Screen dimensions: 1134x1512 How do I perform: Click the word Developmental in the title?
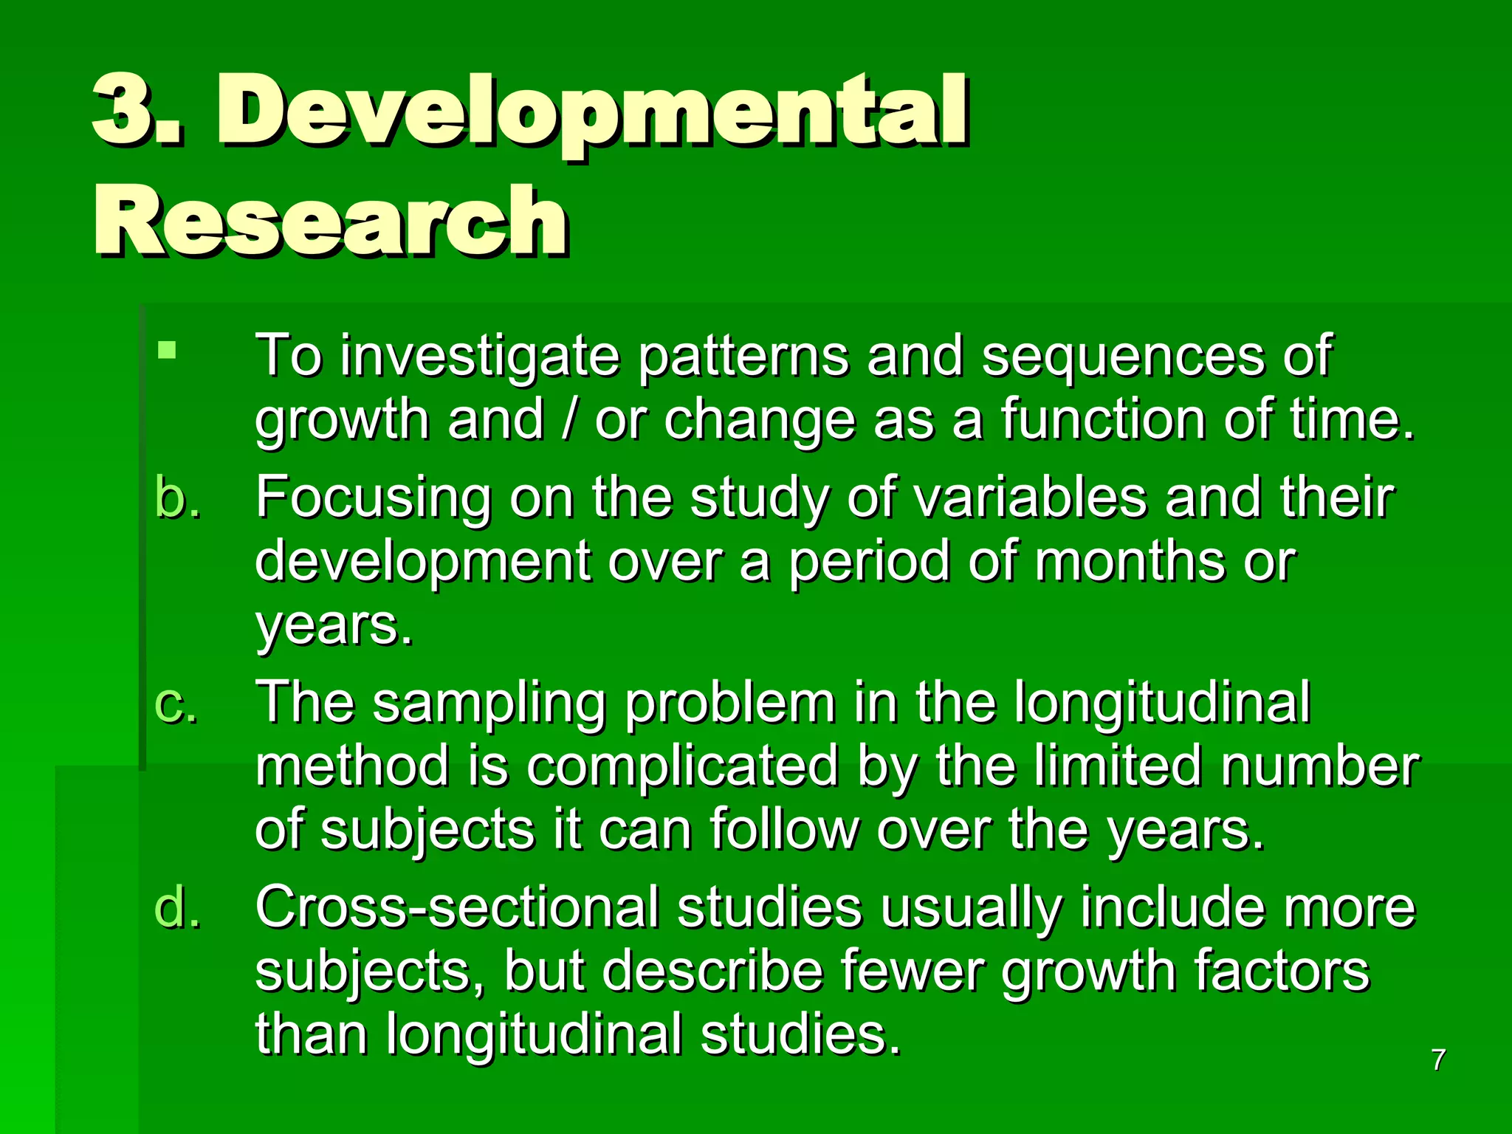[591, 111]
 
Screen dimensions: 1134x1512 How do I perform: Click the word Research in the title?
[330, 221]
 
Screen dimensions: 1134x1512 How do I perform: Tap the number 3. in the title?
[137, 111]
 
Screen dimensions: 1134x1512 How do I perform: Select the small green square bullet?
[167, 349]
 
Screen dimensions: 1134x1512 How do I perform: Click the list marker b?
[177, 497]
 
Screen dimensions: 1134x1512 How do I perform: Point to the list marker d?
[177, 907]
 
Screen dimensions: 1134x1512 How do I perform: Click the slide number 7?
[1437, 1060]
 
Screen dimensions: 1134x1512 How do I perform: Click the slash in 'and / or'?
[568, 419]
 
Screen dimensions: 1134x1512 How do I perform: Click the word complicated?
[682, 766]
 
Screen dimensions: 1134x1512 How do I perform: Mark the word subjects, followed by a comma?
[369, 972]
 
